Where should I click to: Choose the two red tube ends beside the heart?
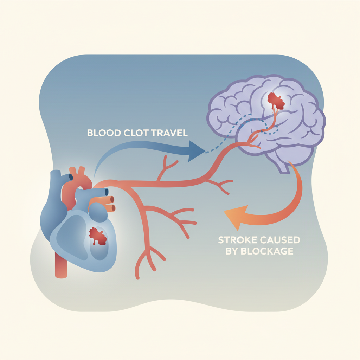coord(111,203)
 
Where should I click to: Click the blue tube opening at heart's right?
coord(105,192)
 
